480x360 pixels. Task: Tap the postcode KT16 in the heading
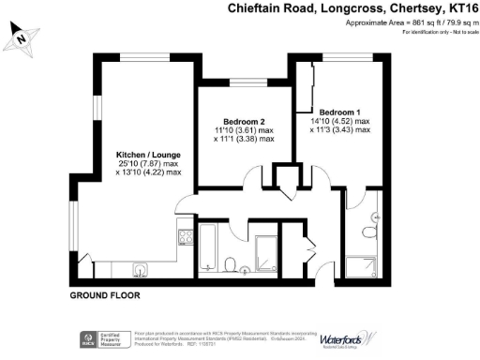458,9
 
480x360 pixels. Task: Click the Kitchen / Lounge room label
142,154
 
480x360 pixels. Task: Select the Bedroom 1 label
338,110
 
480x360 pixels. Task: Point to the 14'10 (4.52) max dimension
338,120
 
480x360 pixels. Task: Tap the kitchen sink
140,270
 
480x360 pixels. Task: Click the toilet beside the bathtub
231,262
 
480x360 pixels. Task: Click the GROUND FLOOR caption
105,294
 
